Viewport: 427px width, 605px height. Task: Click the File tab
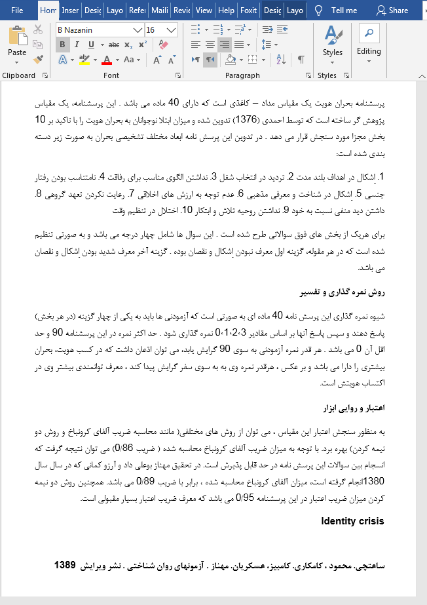17,10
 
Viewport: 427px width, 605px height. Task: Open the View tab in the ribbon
204,10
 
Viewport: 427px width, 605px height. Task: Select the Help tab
226,10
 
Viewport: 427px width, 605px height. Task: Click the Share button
392,10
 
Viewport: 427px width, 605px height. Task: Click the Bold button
63,45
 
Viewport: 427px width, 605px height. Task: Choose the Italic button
77,45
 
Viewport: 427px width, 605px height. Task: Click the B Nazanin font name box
94,30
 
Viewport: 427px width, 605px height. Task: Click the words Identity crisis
352,521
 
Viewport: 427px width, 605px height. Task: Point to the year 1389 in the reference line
65,565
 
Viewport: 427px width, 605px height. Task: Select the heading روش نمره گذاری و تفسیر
352,292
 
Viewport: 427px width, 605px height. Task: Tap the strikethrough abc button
114,45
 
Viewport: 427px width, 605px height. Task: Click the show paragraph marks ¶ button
301,60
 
